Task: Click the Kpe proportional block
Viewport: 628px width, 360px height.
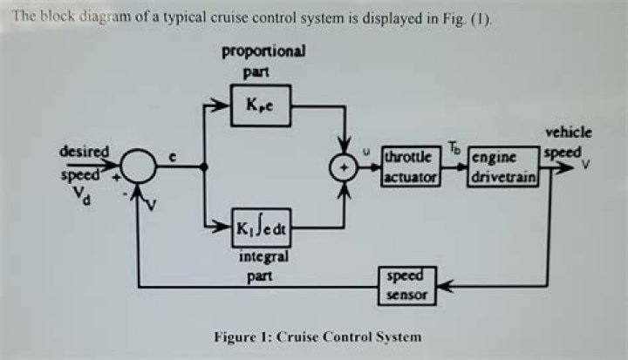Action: [261, 105]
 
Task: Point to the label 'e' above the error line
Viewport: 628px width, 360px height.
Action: [174, 157]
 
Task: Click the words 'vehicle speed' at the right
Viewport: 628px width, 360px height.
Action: [567, 141]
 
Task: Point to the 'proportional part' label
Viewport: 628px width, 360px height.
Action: [263, 58]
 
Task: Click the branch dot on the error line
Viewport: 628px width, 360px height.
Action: [204, 167]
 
